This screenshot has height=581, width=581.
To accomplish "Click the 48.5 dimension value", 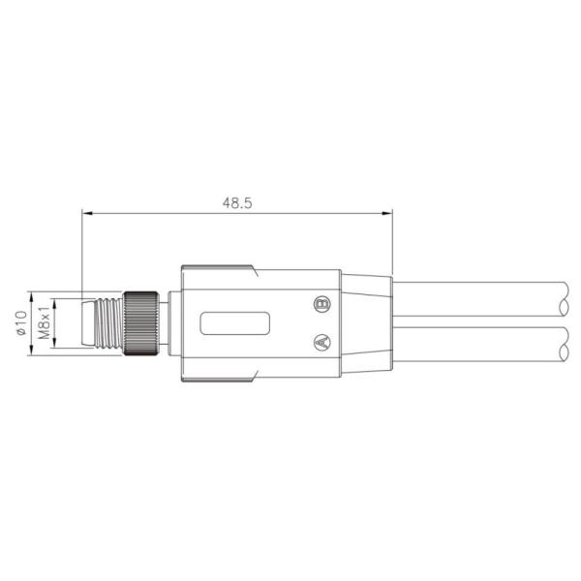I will (236, 203).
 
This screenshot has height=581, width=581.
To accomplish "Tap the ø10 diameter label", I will (20, 323).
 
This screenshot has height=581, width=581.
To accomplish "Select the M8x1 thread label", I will (44, 323).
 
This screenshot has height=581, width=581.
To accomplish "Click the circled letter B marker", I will (322, 304).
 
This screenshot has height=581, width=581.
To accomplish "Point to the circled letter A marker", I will (322, 341).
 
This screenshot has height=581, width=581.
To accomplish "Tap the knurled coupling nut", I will (143, 323).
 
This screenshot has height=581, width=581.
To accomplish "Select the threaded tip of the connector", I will (101, 323).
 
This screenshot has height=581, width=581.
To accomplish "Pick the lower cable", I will (474, 345).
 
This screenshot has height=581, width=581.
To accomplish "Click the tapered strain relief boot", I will (366, 323).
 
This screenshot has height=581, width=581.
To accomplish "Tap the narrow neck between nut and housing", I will (166, 323).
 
